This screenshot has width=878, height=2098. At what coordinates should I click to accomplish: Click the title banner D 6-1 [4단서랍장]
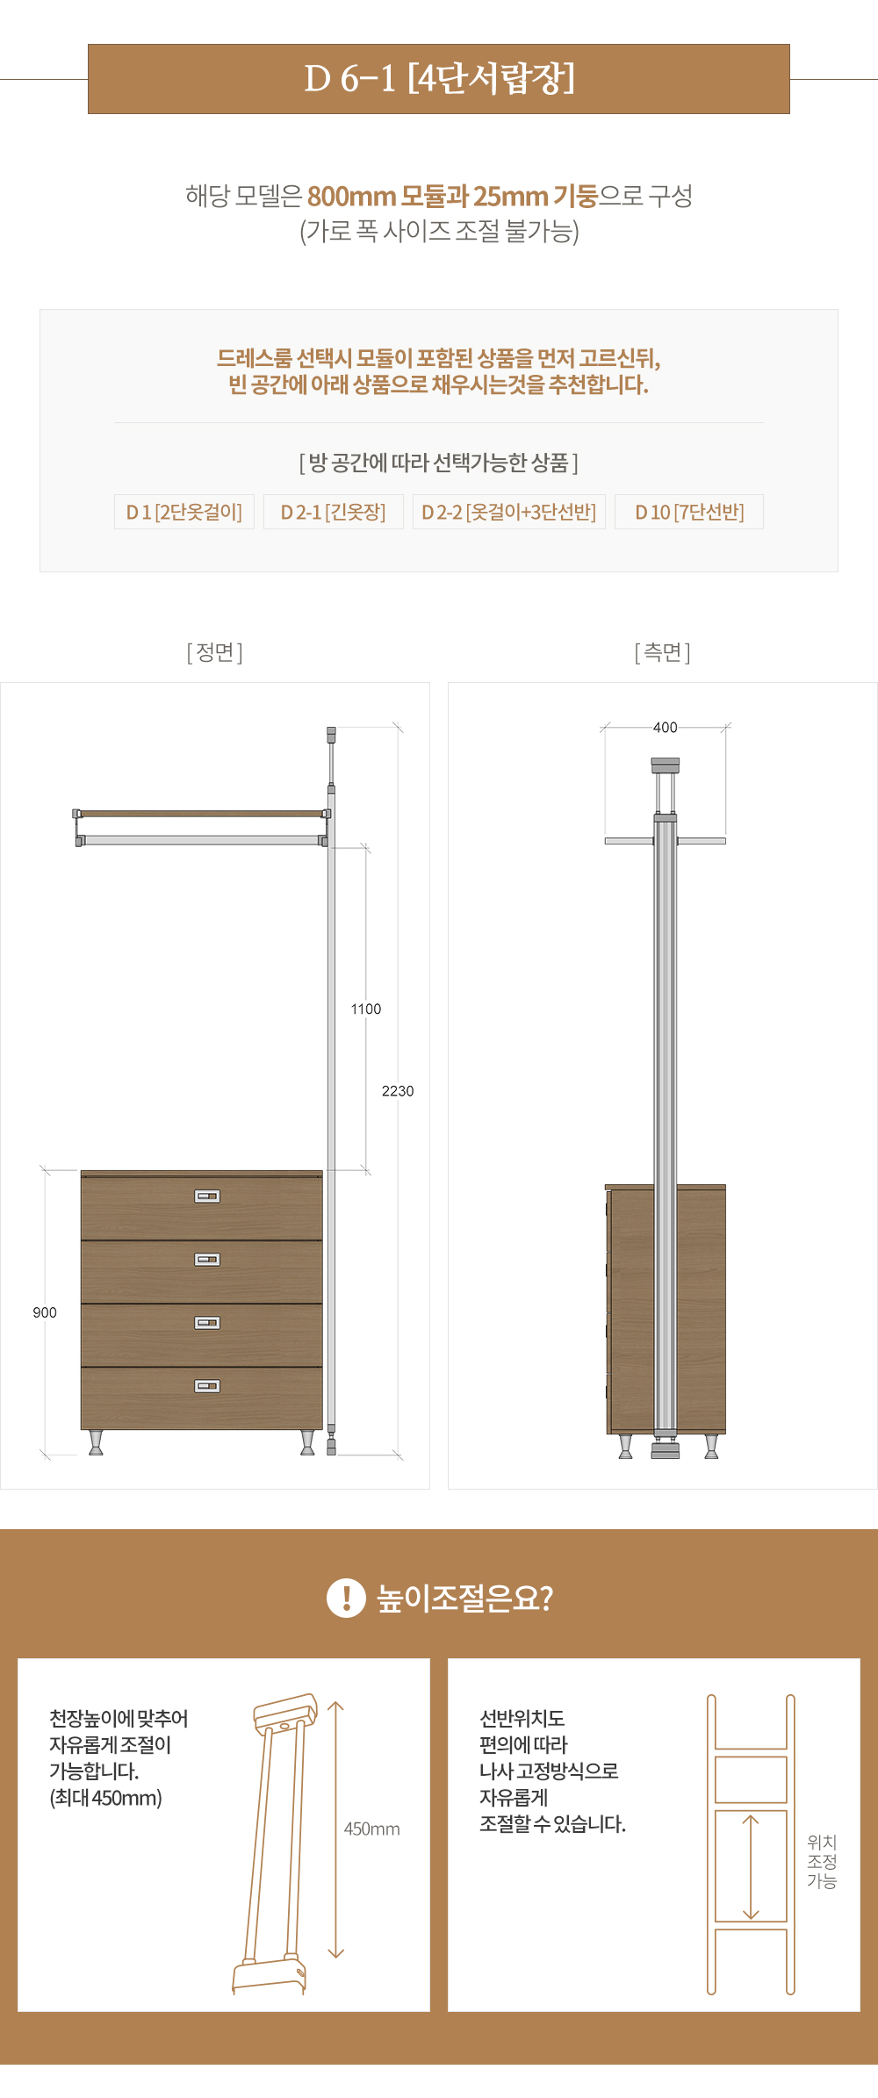439,79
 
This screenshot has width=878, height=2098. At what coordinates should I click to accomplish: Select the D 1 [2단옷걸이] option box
184,512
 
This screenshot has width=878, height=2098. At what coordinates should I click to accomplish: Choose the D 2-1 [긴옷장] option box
334,512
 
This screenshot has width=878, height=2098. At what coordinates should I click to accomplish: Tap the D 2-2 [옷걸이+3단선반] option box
509,512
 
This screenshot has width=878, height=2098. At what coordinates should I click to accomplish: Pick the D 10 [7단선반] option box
689,512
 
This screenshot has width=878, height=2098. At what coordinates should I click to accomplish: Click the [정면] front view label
215,652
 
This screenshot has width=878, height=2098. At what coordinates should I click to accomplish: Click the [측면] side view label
663,652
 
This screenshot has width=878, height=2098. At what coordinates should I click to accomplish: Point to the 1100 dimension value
366,1009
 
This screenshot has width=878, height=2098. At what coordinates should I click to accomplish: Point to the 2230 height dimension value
398,1091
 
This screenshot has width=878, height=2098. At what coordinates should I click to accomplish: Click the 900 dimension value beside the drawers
45,1312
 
